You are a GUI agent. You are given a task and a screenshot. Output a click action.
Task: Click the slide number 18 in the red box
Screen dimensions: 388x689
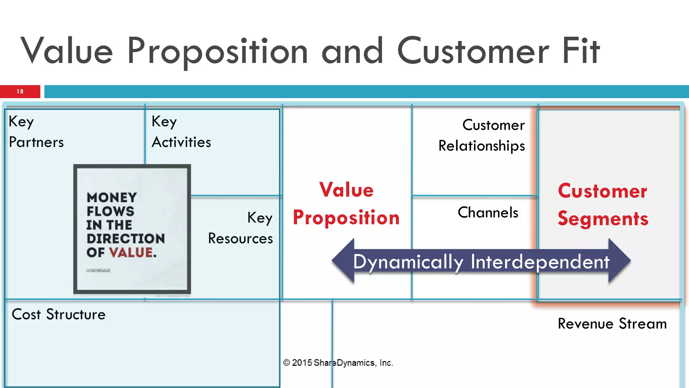20,91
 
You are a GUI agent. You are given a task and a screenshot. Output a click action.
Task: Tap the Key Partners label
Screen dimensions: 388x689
36,132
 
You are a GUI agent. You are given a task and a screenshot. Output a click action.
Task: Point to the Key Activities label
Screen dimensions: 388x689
181,132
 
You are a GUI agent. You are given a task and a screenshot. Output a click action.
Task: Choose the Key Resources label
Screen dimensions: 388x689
241,228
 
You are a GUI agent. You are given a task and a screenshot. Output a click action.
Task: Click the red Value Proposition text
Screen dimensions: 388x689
346,203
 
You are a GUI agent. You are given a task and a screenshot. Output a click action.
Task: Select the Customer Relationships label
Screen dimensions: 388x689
482,135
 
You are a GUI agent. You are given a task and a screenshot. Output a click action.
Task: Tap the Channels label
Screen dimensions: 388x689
488,213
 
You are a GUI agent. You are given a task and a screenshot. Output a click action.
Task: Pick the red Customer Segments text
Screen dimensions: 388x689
603,204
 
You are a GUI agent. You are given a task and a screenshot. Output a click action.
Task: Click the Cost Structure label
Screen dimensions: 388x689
59,314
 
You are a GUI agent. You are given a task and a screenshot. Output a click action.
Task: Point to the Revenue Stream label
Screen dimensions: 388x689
612,324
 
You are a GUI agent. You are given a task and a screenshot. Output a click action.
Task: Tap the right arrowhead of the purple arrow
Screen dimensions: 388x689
619,261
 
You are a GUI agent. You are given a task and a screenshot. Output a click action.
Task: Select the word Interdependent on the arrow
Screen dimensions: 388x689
540,262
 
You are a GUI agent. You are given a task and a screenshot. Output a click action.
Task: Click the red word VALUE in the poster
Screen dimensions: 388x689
131,252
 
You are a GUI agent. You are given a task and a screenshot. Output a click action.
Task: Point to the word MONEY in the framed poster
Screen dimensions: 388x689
112,197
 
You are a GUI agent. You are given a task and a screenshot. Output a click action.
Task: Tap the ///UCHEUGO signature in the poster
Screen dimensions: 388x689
98,270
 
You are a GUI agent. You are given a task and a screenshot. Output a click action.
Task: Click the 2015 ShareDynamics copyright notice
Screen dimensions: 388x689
338,363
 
